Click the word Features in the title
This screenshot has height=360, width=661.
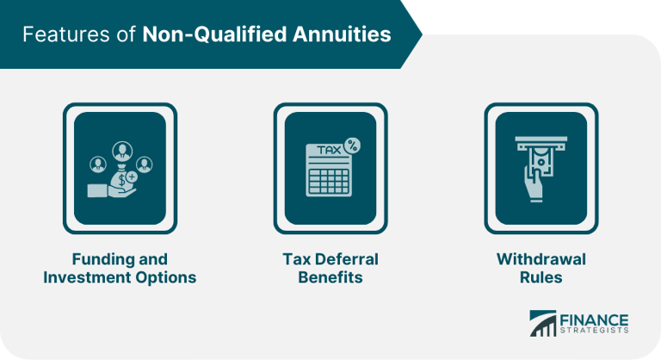(x=67, y=34)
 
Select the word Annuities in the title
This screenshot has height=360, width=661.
(x=342, y=34)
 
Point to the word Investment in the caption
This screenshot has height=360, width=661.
(x=86, y=277)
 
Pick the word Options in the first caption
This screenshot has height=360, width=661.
(x=165, y=278)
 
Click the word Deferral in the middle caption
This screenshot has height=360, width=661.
(x=347, y=259)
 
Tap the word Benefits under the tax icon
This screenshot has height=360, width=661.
(x=330, y=277)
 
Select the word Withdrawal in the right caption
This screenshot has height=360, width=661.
(x=541, y=259)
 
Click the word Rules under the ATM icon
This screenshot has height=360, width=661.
(x=541, y=277)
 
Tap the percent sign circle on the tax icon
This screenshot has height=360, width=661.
(x=352, y=146)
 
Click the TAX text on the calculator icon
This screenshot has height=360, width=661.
(x=329, y=150)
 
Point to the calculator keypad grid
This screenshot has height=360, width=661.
(x=329, y=182)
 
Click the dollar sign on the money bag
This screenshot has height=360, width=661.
(x=121, y=180)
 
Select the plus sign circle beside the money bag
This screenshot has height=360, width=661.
(x=132, y=177)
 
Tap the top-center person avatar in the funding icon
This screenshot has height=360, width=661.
(x=122, y=151)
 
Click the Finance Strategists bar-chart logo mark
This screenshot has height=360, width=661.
(x=542, y=323)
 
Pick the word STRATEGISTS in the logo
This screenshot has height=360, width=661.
(x=594, y=330)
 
